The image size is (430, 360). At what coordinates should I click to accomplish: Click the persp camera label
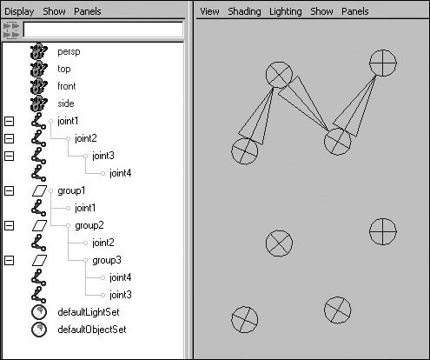point(69,52)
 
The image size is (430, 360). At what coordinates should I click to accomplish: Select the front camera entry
point(67,86)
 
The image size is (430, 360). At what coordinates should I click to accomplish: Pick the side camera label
point(66,103)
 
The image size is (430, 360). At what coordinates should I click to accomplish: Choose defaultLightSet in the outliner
point(89,312)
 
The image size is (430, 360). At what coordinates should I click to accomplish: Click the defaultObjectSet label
point(92,330)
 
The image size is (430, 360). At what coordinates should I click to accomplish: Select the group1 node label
point(71,190)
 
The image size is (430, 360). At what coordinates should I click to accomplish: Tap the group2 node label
point(89,225)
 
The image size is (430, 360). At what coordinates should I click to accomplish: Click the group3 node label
point(107,260)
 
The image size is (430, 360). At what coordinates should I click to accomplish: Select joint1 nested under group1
point(85,208)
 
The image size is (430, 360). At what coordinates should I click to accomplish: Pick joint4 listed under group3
point(120,277)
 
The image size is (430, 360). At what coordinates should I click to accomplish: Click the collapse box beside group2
point(9,225)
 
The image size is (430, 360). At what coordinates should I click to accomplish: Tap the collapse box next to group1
point(9,190)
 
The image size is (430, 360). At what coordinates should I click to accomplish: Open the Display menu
point(19,11)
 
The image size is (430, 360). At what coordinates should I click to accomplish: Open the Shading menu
point(244,11)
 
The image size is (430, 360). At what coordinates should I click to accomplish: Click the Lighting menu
point(286,11)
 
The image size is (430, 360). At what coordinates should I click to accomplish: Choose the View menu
point(209,11)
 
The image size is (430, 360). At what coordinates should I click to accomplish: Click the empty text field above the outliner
point(103,30)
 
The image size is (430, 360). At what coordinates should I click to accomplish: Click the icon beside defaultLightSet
point(39,312)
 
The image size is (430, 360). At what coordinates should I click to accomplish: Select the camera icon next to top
point(38,69)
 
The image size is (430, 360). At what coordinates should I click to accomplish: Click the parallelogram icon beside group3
point(39,260)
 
